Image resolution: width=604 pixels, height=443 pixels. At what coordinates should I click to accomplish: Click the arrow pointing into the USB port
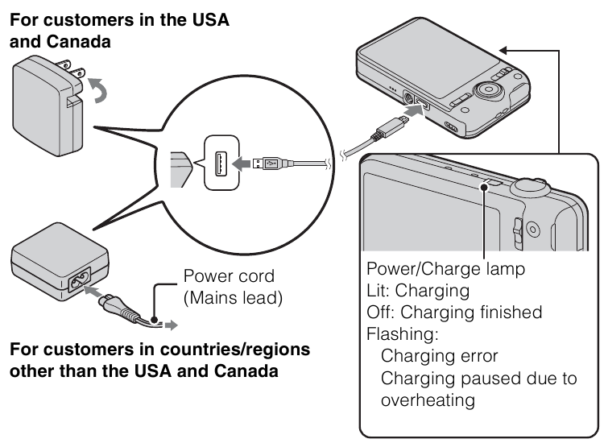tap(241, 164)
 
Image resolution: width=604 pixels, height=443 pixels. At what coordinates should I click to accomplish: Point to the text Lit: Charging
tap(418, 291)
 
